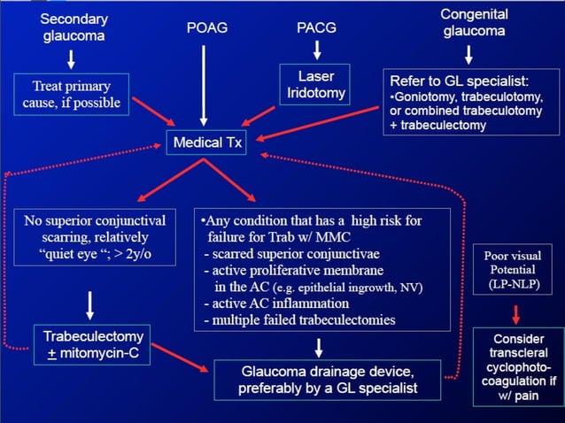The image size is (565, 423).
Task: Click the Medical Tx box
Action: click(204, 143)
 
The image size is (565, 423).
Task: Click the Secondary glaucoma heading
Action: click(72, 27)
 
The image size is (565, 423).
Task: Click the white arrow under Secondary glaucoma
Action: click(72, 59)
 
